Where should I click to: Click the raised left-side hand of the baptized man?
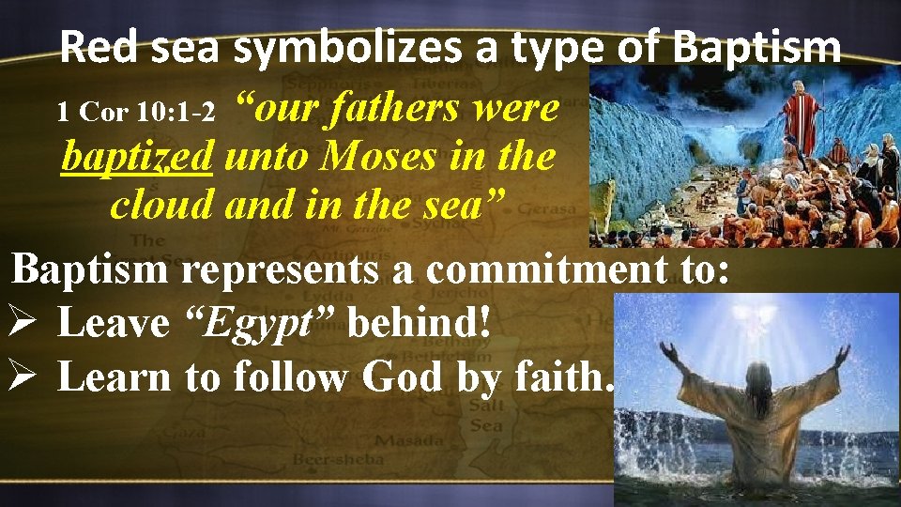[669, 353]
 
